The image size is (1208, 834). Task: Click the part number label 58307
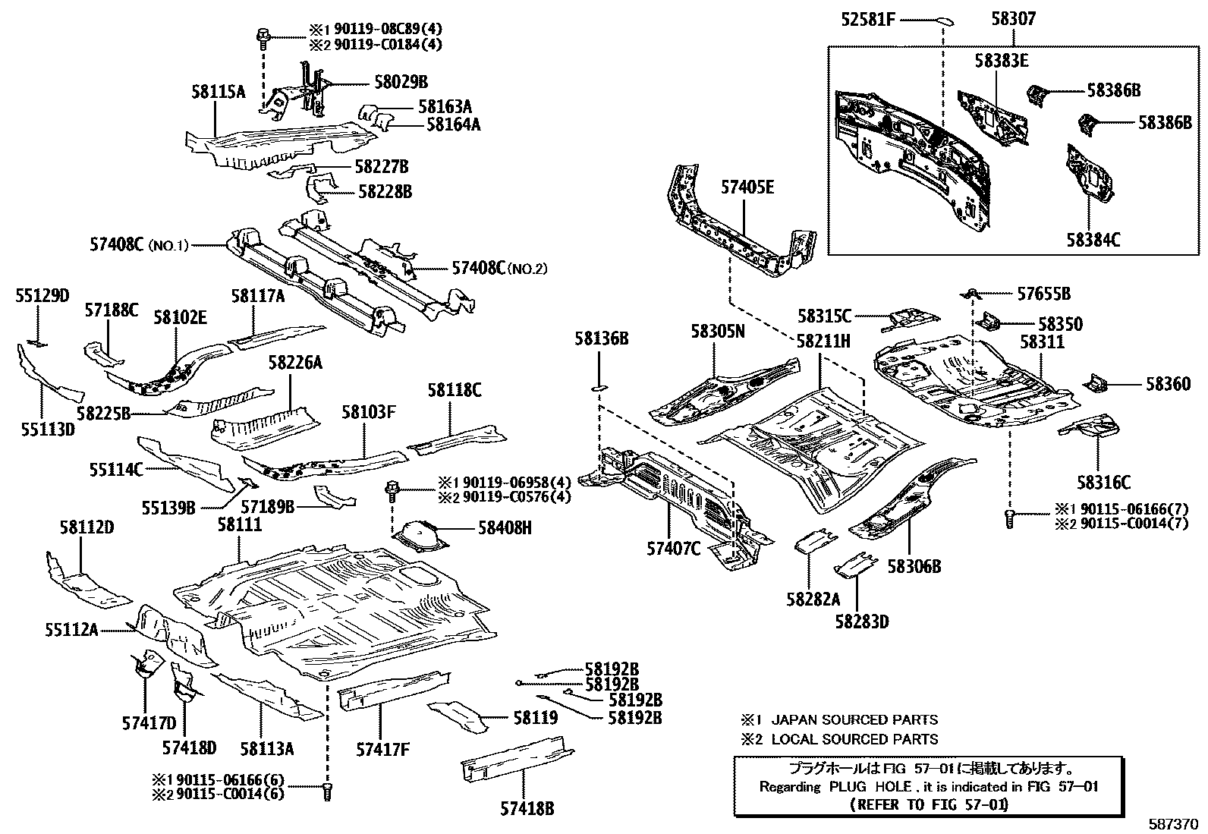pos(1013,18)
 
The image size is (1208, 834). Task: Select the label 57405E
pos(747,187)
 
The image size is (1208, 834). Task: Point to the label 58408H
pos(505,527)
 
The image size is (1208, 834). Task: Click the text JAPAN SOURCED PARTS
pos(854,719)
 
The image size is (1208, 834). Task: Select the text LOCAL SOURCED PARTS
pos(854,739)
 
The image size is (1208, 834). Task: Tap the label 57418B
pos(527,808)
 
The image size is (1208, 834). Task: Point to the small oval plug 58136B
pos(598,389)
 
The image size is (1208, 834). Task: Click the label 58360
pos(1168,385)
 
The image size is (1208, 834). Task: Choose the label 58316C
pos(1103,482)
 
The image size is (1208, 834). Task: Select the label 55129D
pos(42,296)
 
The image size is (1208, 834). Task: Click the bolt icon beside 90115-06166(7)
pos(1009,518)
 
